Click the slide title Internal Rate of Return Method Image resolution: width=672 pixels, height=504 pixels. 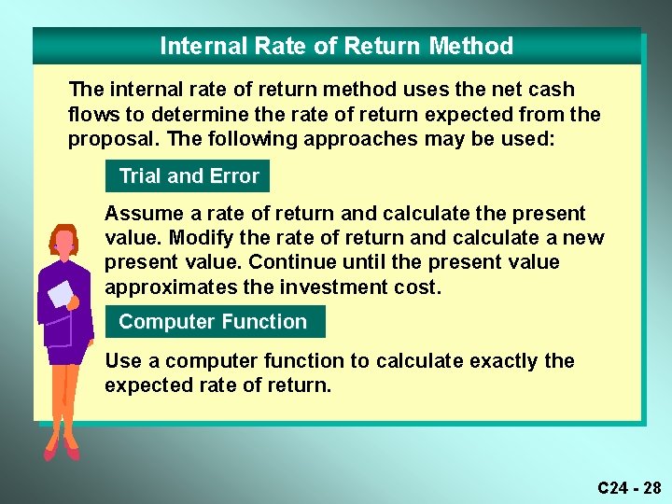(336, 46)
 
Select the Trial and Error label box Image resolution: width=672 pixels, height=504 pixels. (188, 175)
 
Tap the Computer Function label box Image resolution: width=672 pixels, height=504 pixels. (215, 322)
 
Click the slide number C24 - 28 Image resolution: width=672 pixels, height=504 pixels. (629, 487)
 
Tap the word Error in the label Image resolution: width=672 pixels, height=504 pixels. (235, 175)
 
